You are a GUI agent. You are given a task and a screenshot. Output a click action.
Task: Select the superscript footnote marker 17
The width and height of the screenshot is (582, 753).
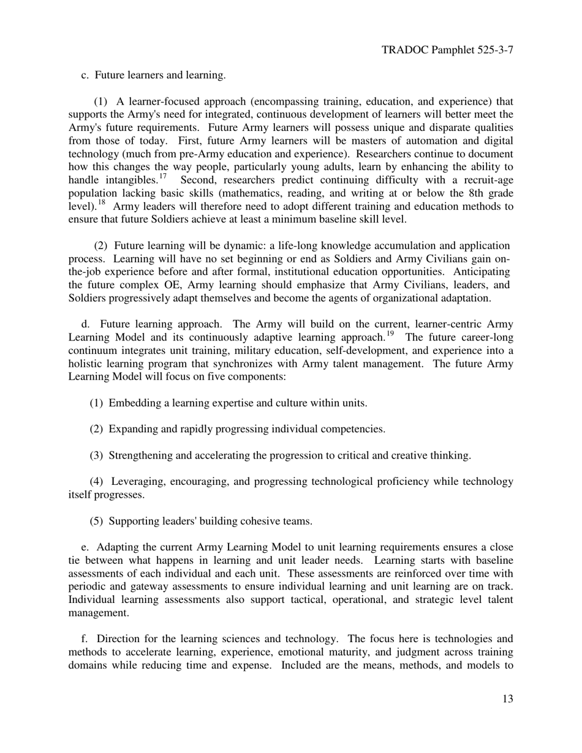[x=162, y=177]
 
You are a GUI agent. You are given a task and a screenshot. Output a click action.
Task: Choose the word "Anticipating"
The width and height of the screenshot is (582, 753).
[x=478, y=272]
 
